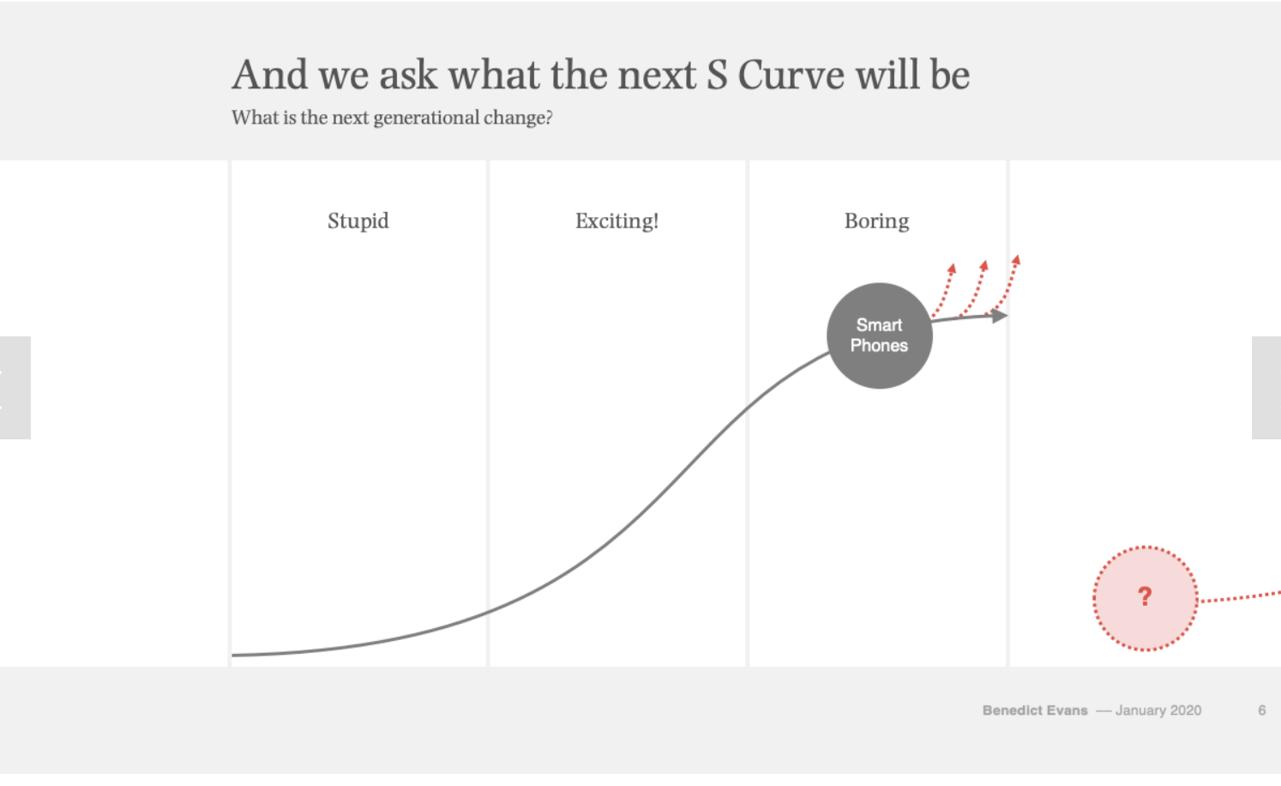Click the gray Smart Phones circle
tap(880, 336)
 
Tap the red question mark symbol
tap(1145, 596)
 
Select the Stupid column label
tap(358, 221)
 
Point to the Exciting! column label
tap(617, 221)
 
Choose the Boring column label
tap(876, 221)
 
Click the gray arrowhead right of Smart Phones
tap(999, 316)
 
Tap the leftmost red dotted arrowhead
tap(952, 268)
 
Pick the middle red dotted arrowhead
tap(984, 265)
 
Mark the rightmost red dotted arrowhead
tap(1016, 261)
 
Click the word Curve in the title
tap(791, 75)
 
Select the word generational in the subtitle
tap(426, 118)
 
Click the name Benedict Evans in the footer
tap(1035, 710)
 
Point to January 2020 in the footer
tap(1158, 710)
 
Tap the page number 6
tap(1261, 710)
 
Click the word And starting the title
tap(270, 75)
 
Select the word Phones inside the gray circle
tap(879, 346)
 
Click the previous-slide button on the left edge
tap(15, 388)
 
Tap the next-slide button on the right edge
tap(1266, 388)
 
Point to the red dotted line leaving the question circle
tap(1240, 598)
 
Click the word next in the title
tap(657, 75)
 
